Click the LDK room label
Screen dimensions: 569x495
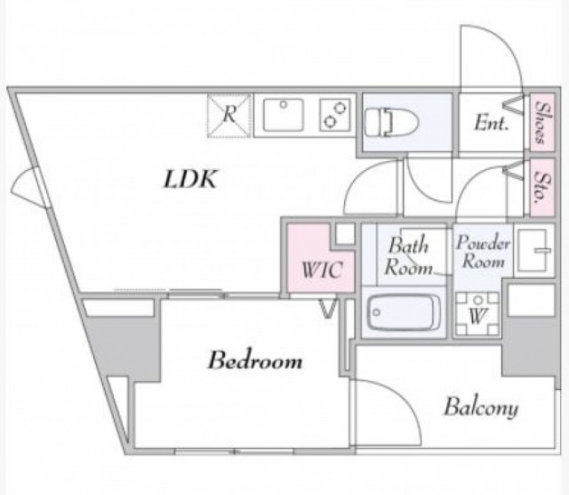pyautogui.click(x=190, y=179)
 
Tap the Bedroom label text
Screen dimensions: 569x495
pyautogui.click(x=255, y=361)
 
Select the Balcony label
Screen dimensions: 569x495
pyautogui.click(x=481, y=408)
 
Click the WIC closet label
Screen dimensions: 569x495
pyautogui.click(x=322, y=270)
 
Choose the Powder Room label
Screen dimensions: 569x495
pyautogui.click(x=483, y=251)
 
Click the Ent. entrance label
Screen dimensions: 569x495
pyautogui.click(x=491, y=123)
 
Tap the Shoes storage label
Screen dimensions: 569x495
pyautogui.click(x=542, y=122)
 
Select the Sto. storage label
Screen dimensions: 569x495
pyautogui.click(x=542, y=187)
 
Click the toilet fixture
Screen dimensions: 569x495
pyautogui.click(x=391, y=122)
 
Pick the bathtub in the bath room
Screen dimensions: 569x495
pyautogui.click(x=404, y=312)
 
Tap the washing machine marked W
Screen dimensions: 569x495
pyautogui.click(x=477, y=313)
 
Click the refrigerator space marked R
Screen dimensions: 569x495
pyautogui.click(x=228, y=116)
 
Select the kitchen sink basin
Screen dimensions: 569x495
pyautogui.click(x=283, y=115)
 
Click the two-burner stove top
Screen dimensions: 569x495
pyautogui.click(x=335, y=115)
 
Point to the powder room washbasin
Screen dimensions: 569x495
pyautogui.click(x=533, y=250)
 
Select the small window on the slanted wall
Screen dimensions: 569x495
pyautogui.click(x=31, y=188)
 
